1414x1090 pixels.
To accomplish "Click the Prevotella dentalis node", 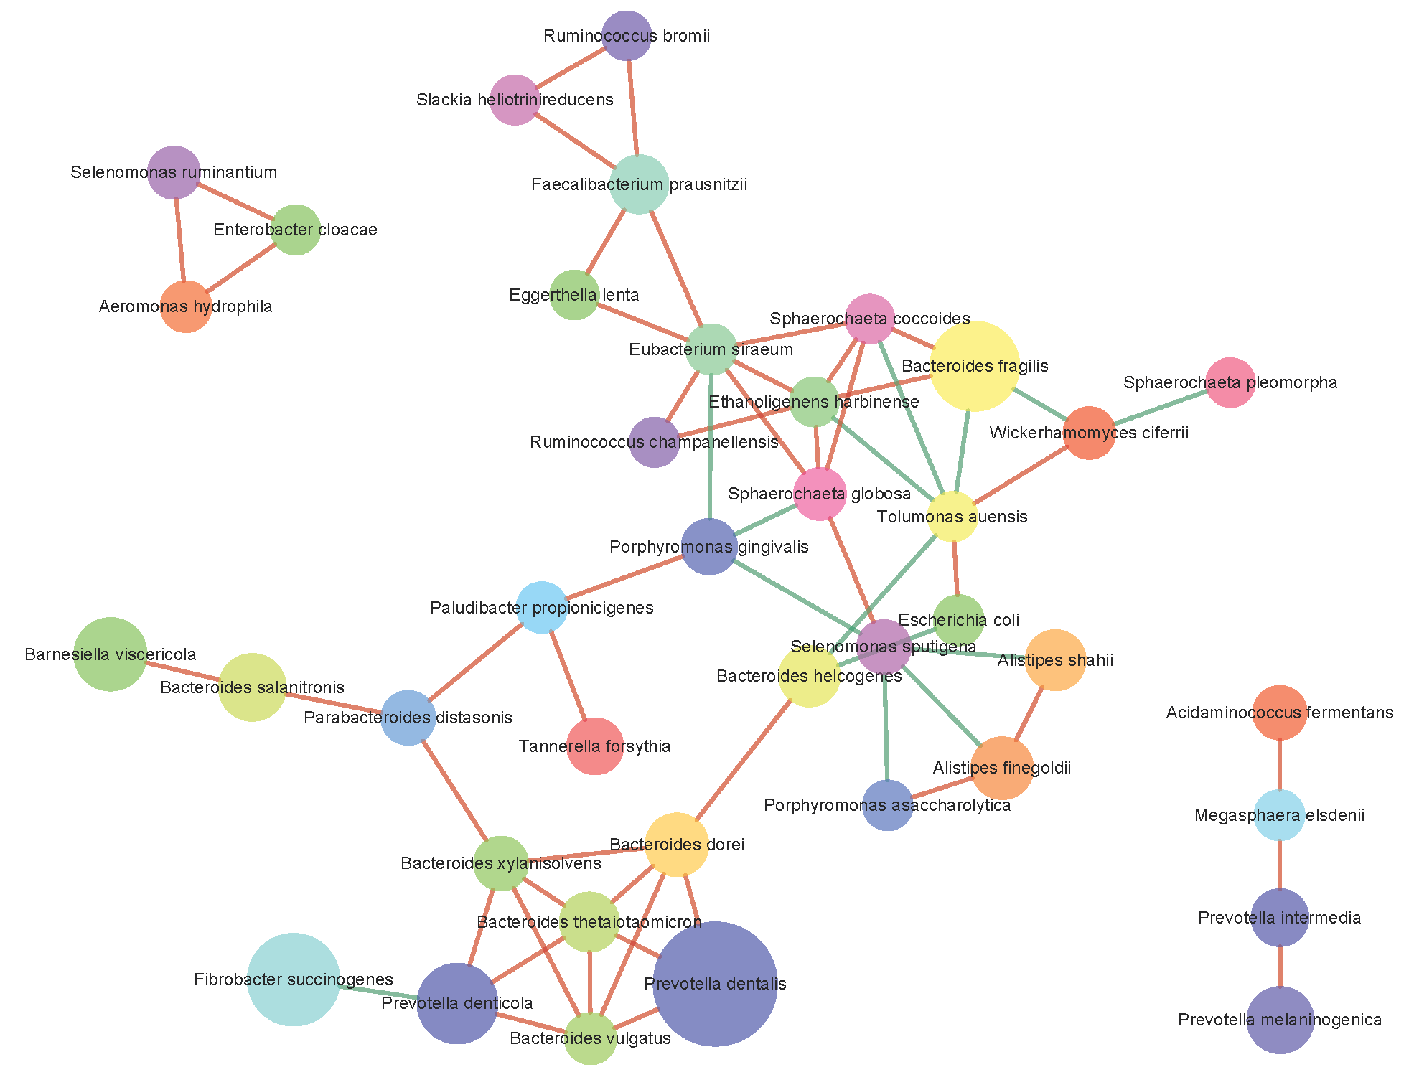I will tap(715, 984).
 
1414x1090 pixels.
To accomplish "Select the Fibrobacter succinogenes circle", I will tap(293, 979).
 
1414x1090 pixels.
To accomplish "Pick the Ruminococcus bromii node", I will tap(627, 36).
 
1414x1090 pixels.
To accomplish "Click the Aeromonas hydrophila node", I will tap(186, 306).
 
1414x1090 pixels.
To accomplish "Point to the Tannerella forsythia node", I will tap(594, 746).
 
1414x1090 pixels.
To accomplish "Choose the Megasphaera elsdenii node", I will tap(1279, 815).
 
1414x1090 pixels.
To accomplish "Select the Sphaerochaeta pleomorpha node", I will tap(1230, 382).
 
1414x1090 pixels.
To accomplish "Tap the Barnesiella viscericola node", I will tap(110, 654).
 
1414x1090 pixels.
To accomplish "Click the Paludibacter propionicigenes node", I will tap(541, 608).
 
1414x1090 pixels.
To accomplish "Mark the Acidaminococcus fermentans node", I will tap(1279, 713).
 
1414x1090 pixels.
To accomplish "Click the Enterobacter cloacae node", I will tap(296, 230).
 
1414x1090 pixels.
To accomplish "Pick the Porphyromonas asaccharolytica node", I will tap(888, 805).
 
